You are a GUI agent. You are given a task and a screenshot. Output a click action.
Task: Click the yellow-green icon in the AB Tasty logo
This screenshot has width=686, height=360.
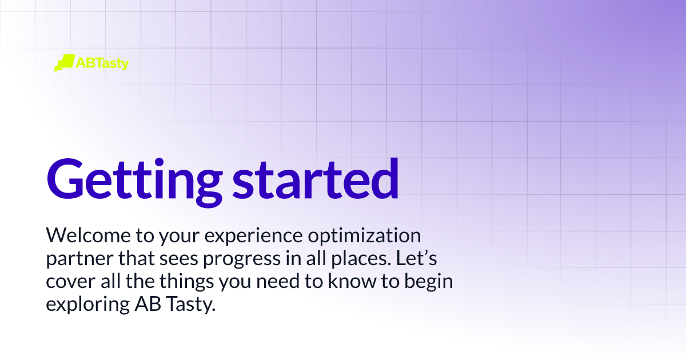(64, 62)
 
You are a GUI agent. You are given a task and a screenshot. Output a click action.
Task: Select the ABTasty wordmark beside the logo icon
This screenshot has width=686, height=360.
(102, 63)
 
